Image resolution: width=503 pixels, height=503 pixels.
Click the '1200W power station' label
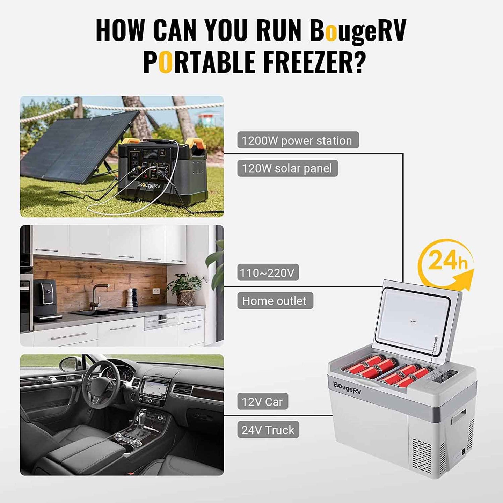point(298,140)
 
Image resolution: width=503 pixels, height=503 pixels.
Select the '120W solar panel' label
point(287,168)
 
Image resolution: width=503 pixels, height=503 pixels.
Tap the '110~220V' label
point(268,273)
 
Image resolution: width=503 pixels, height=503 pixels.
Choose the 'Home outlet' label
point(275,301)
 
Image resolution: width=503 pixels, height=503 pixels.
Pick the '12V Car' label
point(263,402)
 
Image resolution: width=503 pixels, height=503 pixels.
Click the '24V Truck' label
point(268,430)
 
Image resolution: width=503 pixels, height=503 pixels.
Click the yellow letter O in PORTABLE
point(165,62)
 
